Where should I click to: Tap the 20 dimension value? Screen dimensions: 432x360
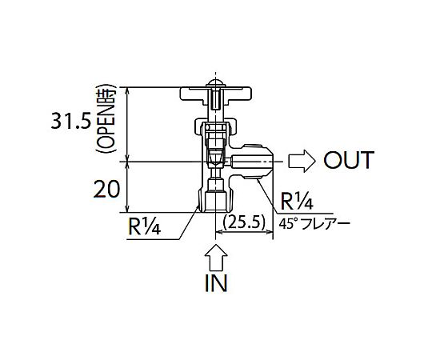106,190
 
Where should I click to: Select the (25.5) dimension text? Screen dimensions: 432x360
244,222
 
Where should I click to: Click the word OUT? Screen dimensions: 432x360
349,160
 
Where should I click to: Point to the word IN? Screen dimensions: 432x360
216,283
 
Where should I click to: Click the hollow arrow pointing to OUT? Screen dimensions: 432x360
302,161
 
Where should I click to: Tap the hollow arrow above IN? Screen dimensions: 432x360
216,258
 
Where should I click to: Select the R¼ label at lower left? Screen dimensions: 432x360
144,226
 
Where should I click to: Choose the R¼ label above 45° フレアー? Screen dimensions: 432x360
297,202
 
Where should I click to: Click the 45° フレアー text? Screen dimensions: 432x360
314,223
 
